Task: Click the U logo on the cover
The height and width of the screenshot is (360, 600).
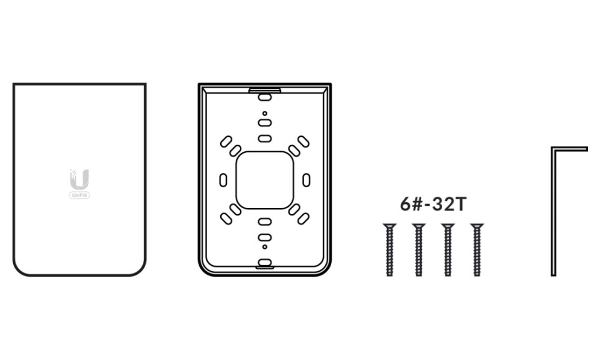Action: (x=79, y=179)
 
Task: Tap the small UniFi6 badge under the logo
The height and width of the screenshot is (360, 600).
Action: (x=79, y=195)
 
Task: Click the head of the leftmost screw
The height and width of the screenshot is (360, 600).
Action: (x=389, y=226)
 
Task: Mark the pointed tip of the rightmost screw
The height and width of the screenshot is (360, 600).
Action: (x=477, y=274)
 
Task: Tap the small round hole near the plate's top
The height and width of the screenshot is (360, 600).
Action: (x=265, y=113)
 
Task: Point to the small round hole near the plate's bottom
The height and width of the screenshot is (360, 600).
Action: (x=265, y=247)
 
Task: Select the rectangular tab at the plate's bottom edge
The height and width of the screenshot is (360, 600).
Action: (x=265, y=263)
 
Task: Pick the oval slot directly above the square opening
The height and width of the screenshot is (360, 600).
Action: (x=265, y=139)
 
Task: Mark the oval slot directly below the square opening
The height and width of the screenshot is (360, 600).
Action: (x=265, y=221)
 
